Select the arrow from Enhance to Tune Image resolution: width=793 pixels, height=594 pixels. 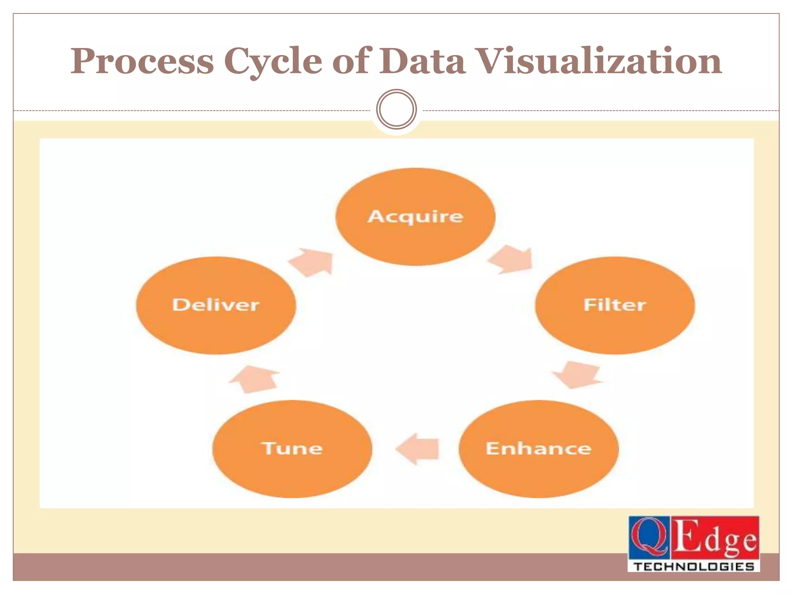pos(418,449)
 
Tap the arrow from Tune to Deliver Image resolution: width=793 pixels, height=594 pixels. pos(254,379)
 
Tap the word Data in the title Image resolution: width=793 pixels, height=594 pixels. pos(422,61)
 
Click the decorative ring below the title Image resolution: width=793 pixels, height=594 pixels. pos(396,109)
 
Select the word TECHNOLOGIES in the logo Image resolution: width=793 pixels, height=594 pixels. pos(693,567)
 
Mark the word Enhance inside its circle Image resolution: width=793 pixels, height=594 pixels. pos(539,449)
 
